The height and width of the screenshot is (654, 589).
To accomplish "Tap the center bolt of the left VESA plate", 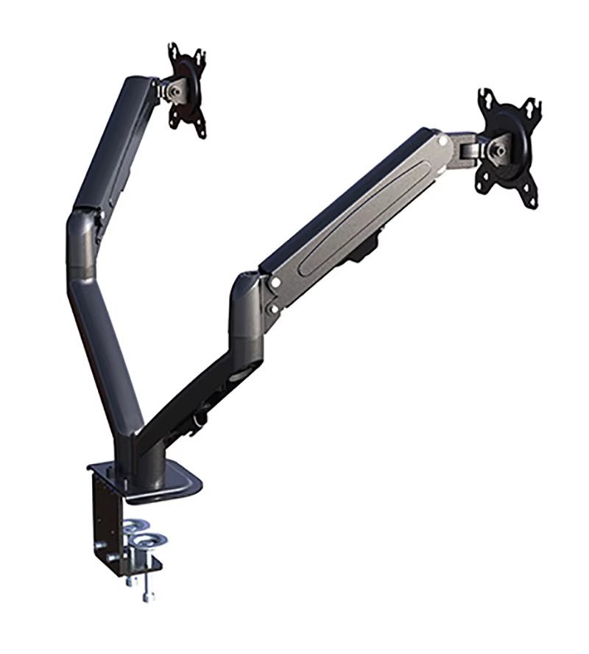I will point(174,89).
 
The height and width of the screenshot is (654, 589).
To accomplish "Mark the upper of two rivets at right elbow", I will point(274,283).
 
